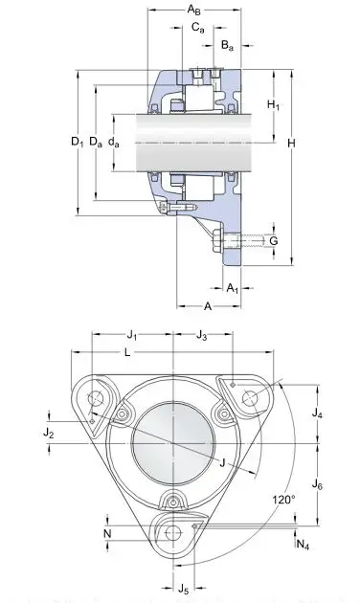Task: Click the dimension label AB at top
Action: pyautogui.click(x=194, y=10)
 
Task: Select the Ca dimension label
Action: pyautogui.click(x=198, y=29)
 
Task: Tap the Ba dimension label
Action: pyautogui.click(x=226, y=45)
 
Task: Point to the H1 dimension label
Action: pyautogui.click(x=273, y=104)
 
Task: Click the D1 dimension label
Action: pyautogui.click(x=78, y=143)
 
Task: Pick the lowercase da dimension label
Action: pyautogui.click(x=114, y=143)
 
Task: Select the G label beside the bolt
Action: pyautogui.click(x=274, y=239)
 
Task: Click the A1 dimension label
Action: pyautogui.click(x=234, y=287)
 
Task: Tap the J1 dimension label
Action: pyautogui.click(x=132, y=335)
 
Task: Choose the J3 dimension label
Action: pyautogui.click(x=202, y=335)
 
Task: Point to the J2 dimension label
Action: pyautogui.click(x=49, y=434)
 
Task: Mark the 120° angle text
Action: pyautogui.click(x=284, y=500)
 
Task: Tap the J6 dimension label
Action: pyautogui.click(x=318, y=486)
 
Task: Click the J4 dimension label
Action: pyautogui.click(x=318, y=414)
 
